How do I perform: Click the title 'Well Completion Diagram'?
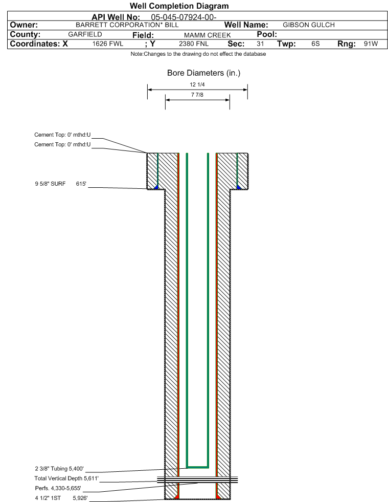(179, 6)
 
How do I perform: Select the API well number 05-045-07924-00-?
(184, 17)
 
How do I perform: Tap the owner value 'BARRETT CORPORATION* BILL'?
(127, 25)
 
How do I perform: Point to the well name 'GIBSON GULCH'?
(309, 25)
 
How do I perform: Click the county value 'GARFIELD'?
(85, 35)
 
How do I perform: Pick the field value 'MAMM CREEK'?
(207, 35)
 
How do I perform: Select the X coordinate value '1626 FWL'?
(108, 43)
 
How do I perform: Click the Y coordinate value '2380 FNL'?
(194, 43)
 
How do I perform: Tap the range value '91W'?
(371, 43)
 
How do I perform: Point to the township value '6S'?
(315, 43)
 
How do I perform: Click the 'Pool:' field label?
(267, 34)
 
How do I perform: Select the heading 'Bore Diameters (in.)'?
(204, 73)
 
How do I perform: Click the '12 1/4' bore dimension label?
(197, 84)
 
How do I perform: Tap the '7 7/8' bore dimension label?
(197, 95)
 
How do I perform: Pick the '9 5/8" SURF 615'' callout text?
(61, 184)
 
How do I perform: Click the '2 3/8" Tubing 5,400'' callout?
(59, 469)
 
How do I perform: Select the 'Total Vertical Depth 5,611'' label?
(66, 478)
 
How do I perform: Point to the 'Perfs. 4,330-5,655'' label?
(58, 488)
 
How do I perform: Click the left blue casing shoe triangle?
(156, 187)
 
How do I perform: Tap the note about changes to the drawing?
(198, 54)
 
